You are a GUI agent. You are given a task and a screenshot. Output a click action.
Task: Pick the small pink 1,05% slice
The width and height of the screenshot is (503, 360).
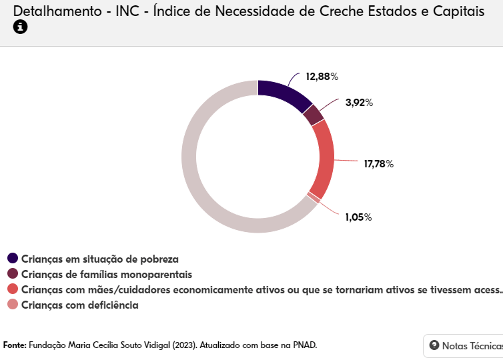(311, 197)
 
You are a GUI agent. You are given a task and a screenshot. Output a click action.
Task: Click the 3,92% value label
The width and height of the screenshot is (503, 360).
(359, 103)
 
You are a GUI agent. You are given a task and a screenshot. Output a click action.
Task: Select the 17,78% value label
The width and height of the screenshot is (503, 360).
(378, 164)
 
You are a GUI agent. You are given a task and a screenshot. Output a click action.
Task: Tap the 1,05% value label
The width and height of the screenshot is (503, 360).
(358, 217)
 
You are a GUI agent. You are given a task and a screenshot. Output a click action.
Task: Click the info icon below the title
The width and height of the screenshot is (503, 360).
(20, 27)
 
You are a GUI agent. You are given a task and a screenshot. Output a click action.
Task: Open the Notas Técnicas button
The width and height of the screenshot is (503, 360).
(464, 345)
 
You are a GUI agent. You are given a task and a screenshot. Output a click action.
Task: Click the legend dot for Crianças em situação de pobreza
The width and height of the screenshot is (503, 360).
(13, 259)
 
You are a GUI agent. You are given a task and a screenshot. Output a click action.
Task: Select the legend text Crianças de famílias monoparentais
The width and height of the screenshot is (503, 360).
(107, 274)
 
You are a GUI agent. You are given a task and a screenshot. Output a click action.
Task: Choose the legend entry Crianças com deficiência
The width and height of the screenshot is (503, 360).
(79, 305)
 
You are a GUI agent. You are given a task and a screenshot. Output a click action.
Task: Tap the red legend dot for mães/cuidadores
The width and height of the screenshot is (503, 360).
(13, 289)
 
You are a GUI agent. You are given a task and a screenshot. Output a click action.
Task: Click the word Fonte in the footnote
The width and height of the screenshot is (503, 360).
(15, 345)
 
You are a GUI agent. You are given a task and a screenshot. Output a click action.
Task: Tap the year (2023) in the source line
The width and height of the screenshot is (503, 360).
(184, 345)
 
